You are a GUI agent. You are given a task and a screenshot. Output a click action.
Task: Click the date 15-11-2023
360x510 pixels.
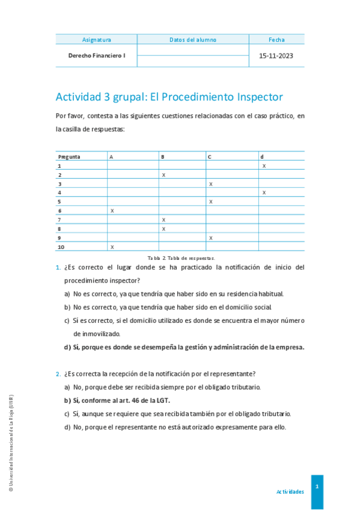click(276, 55)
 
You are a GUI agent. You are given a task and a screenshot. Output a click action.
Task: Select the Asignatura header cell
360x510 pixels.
click(96, 40)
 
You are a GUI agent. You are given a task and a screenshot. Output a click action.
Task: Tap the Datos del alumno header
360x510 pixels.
click(193, 40)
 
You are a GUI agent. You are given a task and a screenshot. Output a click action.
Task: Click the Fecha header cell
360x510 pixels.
click(276, 40)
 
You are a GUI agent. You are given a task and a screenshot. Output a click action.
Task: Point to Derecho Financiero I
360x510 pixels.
click(97, 55)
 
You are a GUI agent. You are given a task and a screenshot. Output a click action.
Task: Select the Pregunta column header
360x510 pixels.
click(69, 156)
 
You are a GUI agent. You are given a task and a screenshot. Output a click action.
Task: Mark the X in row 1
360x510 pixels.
click(264, 165)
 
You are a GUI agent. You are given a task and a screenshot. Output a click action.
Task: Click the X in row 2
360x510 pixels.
click(163, 174)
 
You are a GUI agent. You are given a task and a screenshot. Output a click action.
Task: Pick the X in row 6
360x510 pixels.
click(112, 210)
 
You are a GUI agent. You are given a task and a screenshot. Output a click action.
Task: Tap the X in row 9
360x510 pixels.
click(210, 238)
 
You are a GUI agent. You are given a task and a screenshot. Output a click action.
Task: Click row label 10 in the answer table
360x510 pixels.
click(61, 247)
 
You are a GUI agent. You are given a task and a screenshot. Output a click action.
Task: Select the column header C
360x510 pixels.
click(210, 156)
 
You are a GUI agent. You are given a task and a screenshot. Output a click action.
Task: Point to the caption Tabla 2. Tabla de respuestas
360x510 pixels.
click(180, 257)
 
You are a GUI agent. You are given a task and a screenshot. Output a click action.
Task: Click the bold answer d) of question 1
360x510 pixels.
click(185, 346)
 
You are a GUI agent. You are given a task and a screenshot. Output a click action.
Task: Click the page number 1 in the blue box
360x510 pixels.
click(317, 486)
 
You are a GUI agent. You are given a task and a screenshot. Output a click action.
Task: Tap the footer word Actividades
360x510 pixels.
click(290, 491)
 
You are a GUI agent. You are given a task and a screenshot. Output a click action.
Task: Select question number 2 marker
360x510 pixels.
click(58, 373)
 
